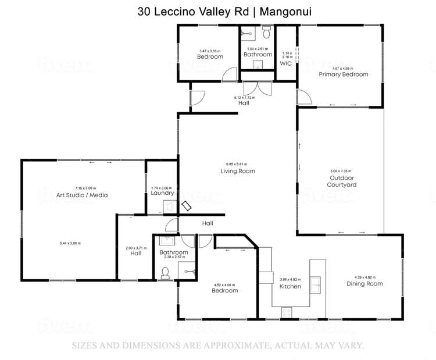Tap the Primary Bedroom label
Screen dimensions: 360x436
pyautogui.click(x=343, y=74)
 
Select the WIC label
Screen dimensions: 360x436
pyautogui.click(x=285, y=63)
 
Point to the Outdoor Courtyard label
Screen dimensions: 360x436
pyautogui.click(x=342, y=181)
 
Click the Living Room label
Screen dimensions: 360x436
pyautogui.click(x=237, y=171)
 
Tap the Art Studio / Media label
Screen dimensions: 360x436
pyautogui.click(x=82, y=195)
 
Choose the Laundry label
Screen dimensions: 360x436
pyautogui.click(x=162, y=193)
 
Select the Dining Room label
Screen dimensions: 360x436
pyautogui.click(x=364, y=284)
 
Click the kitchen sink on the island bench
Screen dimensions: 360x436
pyautogui.click(x=316, y=284)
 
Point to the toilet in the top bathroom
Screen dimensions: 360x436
pyautogui.click(x=266, y=31)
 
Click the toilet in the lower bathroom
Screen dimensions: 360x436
pyautogui.click(x=165, y=272)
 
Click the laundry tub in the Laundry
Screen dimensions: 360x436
pyautogui.click(x=167, y=206)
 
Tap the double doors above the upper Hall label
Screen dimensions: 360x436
pyautogui.click(x=256, y=88)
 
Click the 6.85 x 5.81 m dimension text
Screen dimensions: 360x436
pyautogui.click(x=237, y=164)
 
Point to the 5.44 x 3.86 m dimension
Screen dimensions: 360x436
pyautogui.click(x=70, y=243)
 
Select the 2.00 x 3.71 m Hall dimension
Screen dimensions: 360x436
pyautogui.click(x=135, y=248)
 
